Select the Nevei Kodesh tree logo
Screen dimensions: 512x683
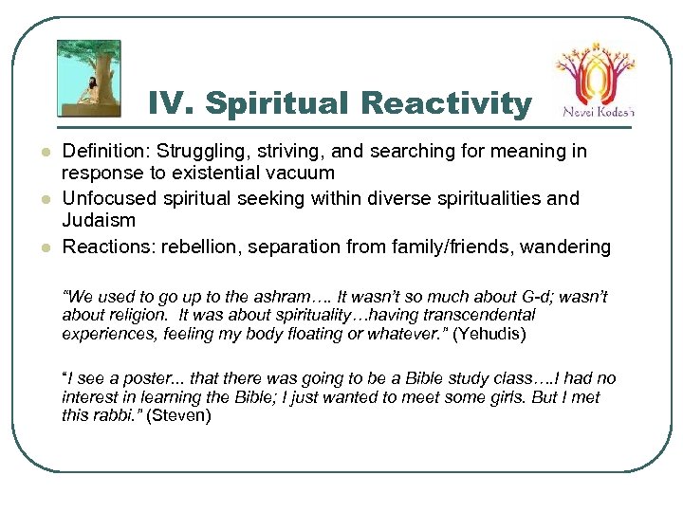point(594,71)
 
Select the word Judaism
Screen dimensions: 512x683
point(99,221)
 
